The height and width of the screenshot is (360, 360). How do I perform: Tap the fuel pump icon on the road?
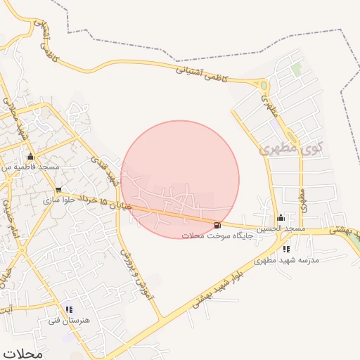pos(217,225)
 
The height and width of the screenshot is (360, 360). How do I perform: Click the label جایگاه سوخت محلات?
pos(212,236)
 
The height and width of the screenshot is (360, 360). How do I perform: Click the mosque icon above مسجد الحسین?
pos(281,217)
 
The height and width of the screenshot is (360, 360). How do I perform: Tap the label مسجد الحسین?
pos(280,229)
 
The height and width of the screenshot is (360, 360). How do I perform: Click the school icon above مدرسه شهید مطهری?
pos(285,249)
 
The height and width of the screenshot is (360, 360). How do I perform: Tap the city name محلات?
pos(22,354)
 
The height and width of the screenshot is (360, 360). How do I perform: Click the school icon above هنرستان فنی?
pos(68,309)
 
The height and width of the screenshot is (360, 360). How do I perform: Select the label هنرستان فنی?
pos(65,321)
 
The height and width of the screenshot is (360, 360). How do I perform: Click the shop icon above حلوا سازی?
pos(58,189)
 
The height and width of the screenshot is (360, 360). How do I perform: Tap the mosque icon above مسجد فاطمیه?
pos(30,157)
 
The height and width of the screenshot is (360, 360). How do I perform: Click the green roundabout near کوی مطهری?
pos(264,86)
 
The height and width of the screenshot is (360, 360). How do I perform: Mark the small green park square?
pos(297,70)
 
